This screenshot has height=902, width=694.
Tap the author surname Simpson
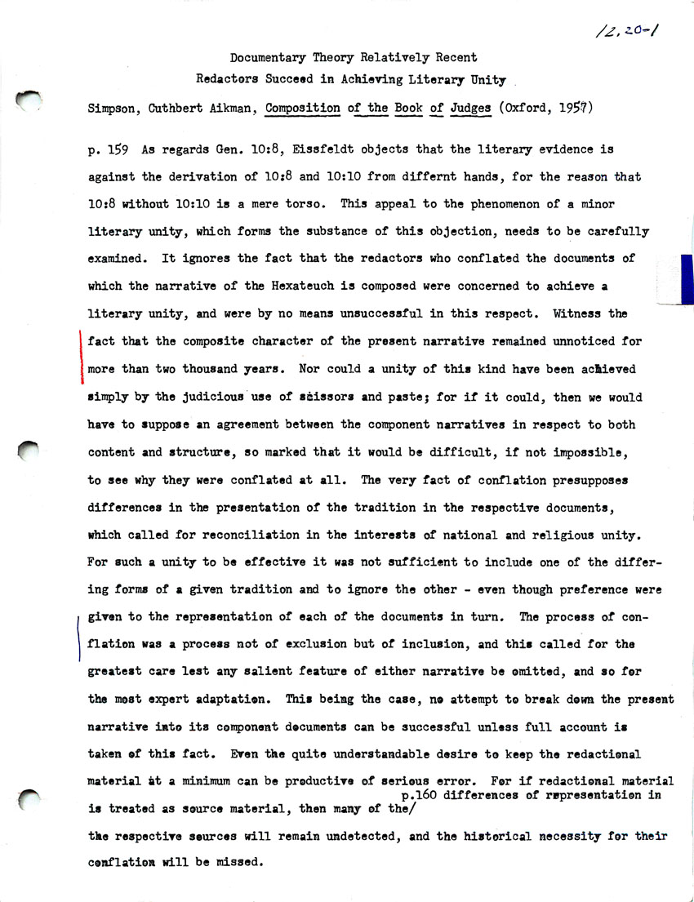(113, 108)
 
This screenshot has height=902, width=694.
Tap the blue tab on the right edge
(686, 278)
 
